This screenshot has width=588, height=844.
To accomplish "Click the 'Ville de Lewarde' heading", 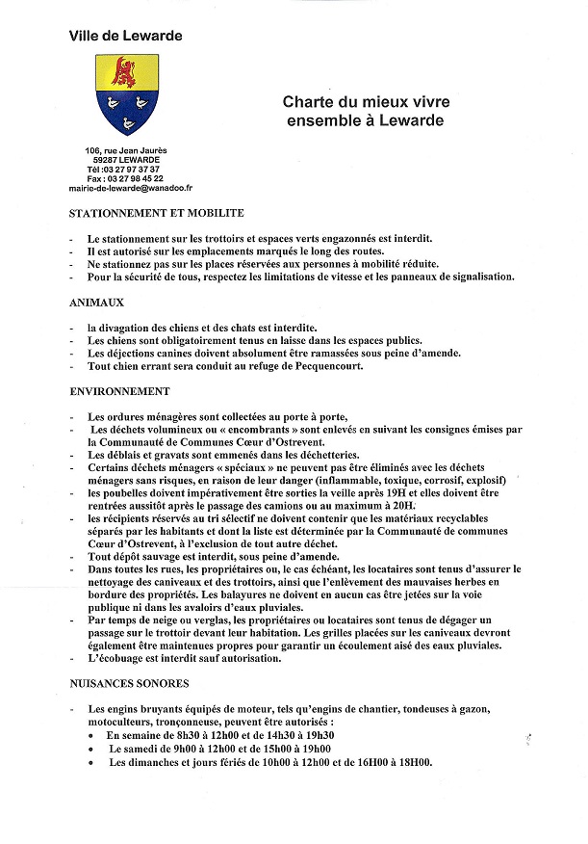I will (125, 36).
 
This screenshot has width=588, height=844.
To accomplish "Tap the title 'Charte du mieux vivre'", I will (366, 102).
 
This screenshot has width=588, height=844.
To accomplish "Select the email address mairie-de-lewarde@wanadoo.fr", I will (125, 188).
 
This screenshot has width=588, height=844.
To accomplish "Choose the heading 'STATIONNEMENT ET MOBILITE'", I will (156, 213).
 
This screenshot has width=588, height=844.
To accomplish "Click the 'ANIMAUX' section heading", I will (96, 303).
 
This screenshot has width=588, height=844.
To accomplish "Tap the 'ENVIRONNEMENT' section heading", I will (119, 392).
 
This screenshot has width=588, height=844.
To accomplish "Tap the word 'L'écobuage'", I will (117, 659).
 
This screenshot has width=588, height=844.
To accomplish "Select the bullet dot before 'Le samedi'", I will (90, 750).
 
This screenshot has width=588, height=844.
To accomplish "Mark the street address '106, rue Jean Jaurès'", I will (125, 149).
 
